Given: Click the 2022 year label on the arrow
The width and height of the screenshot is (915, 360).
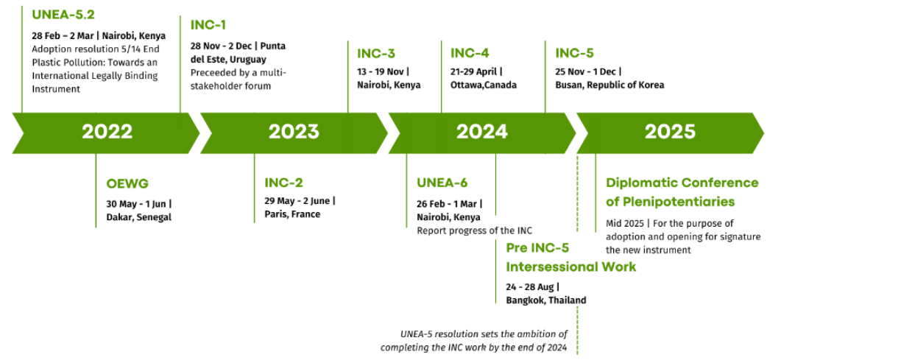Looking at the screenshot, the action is tap(107, 132).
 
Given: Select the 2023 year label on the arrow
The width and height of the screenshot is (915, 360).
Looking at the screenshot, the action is tap(294, 132).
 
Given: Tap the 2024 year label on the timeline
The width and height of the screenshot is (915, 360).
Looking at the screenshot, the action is tap(482, 132).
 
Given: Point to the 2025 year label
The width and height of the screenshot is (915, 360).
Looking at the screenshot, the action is tap(670, 132).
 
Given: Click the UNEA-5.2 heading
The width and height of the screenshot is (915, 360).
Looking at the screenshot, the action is tap(63, 15).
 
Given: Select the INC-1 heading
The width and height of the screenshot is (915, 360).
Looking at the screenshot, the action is tap(208, 25).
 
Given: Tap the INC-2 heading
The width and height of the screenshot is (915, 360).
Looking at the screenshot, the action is tap(283, 183).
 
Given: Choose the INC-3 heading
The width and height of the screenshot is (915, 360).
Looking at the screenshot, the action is tap(376, 54).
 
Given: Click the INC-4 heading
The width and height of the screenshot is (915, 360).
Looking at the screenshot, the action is tap(470, 53).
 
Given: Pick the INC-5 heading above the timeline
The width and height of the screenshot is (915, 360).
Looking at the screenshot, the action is tap(574, 53).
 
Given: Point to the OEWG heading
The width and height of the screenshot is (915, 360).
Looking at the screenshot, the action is tap(127, 184).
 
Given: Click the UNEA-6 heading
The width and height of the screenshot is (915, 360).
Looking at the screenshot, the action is tap(442, 183).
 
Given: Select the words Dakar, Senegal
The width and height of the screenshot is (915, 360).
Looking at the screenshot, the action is tap(139, 217).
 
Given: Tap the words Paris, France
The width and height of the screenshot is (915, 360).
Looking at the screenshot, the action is tap(292, 214).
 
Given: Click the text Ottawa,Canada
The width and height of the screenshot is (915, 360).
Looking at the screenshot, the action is tap(483, 85).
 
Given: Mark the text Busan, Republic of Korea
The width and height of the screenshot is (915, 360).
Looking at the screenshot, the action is tap(610, 85).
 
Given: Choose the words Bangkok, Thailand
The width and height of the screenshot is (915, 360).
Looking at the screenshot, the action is tap(545, 300).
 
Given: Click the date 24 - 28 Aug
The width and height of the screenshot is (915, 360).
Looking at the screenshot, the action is tap(530, 287).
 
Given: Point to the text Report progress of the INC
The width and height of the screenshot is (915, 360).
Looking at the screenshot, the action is tap(474, 231).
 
